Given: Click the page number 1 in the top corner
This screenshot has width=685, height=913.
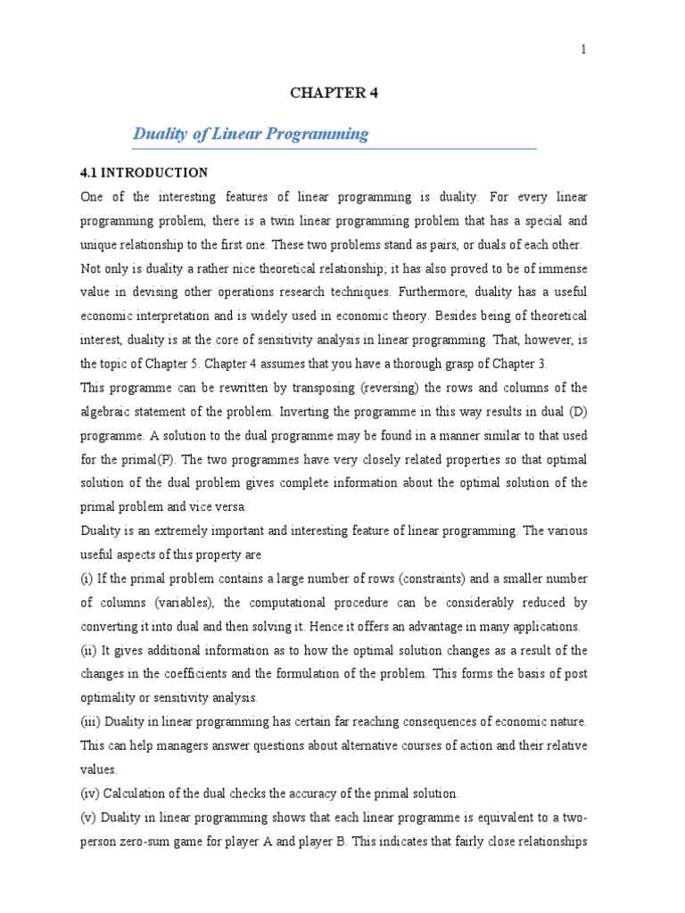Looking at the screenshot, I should [584, 50].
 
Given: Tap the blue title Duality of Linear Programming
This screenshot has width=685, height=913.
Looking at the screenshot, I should [251, 134].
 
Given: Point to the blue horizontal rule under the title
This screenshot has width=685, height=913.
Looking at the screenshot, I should [334, 148].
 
